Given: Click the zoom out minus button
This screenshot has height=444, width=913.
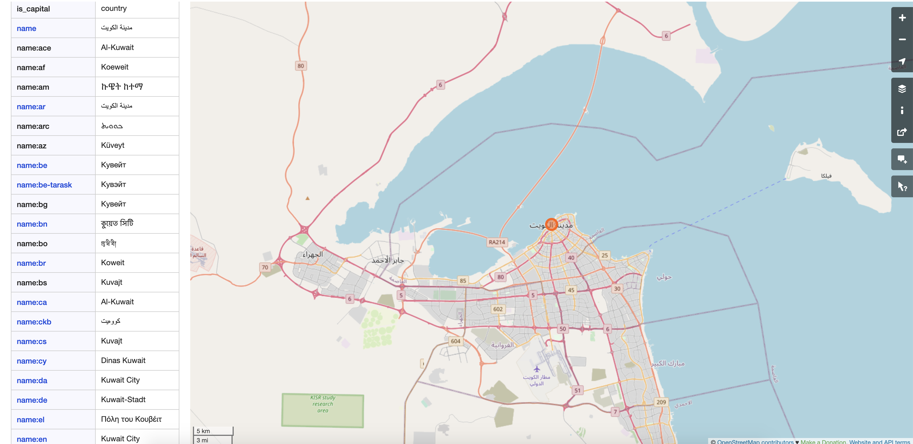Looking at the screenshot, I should coord(902,39).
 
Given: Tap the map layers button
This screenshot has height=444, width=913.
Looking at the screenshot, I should coord(902,89).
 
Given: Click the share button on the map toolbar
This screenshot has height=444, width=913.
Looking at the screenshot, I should coord(902,132).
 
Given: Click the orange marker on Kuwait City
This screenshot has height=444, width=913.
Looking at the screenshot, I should coord(551,224).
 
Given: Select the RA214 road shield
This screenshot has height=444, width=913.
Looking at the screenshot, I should coord(496,242).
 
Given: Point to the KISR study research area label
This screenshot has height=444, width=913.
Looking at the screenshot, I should coord(323,404).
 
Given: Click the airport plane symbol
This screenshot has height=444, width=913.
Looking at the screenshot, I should coord(537,369).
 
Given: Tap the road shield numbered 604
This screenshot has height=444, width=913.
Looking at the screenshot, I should coord(455,341).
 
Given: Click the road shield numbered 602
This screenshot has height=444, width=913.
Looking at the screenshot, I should coord(498,309).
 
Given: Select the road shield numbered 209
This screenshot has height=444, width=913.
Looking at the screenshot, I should coord(661,402).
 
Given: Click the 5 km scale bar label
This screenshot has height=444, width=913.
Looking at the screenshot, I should coord(204,431).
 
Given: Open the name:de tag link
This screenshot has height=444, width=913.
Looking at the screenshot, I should coord(32,400).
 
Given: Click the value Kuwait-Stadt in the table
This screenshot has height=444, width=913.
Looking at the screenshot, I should coord(123,400).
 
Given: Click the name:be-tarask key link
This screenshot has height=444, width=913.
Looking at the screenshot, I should coord(44,185).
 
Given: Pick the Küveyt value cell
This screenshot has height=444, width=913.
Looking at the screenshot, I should coord(113,145).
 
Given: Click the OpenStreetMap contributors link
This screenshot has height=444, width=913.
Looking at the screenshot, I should coord(755,442).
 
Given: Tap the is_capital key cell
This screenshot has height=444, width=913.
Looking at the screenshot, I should coord(33,9).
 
